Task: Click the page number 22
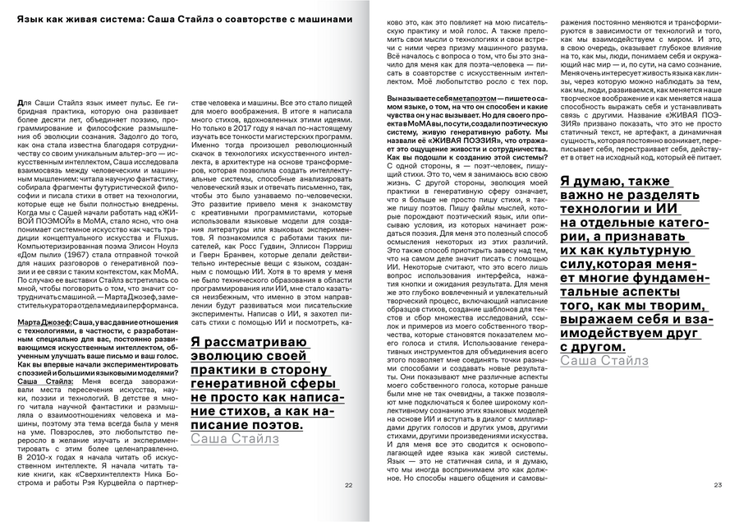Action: [x=348, y=485]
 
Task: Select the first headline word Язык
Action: [x=30, y=18]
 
